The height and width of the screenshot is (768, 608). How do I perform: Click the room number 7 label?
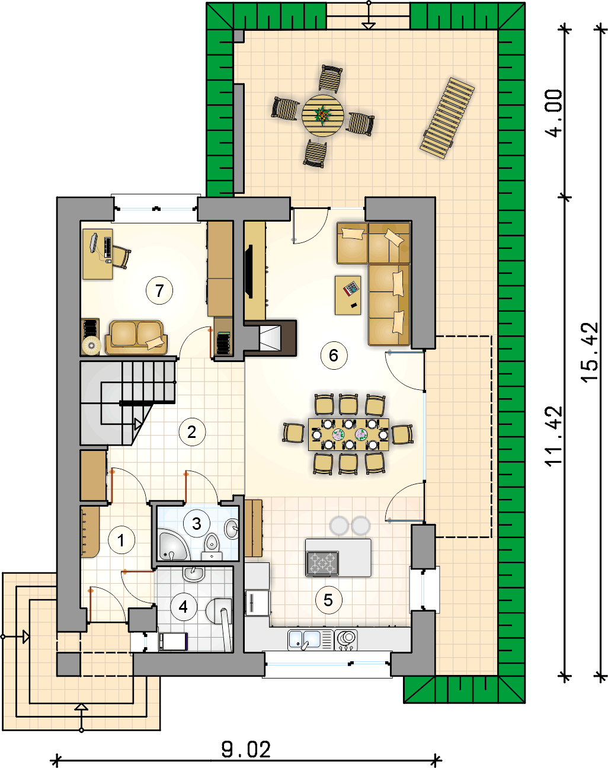(159, 291)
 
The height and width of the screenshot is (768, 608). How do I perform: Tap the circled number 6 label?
(334, 355)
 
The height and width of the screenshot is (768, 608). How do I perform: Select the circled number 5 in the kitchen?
(328, 600)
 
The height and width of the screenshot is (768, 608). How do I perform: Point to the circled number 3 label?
(196, 523)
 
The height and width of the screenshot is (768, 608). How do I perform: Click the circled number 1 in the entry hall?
(121, 540)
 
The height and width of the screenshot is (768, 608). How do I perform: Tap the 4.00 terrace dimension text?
(553, 113)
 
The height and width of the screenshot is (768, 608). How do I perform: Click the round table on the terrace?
(323, 116)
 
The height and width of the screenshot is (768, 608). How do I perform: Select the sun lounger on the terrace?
(447, 118)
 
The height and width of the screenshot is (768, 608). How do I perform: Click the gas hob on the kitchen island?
(322, 564)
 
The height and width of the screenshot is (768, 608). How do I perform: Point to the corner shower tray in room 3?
(172, 545)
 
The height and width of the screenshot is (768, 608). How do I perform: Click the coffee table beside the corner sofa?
(348, 295)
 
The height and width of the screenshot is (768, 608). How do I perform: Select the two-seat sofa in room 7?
(136, 338)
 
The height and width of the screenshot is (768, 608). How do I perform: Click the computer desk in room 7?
(97, 254)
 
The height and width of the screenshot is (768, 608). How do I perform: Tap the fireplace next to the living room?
(270, 338)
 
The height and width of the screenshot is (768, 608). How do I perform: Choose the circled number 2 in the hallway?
(192, 432)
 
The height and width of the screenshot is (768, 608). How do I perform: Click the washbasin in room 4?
(194, 574)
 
